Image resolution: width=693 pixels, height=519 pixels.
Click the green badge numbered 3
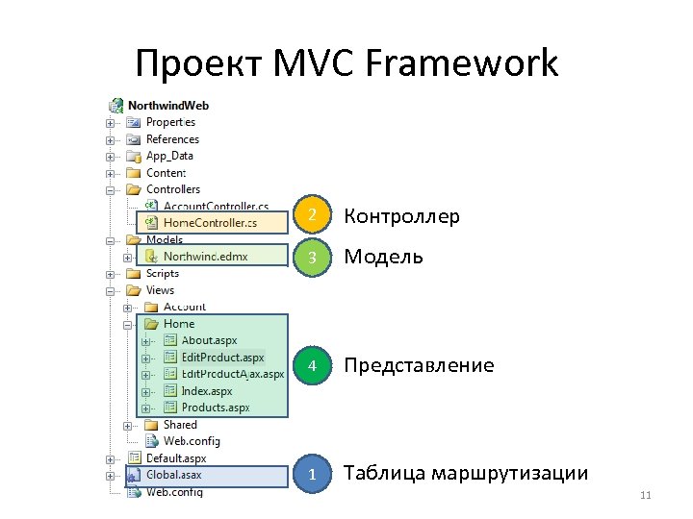311,257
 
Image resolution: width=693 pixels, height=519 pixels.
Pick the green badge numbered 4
311,366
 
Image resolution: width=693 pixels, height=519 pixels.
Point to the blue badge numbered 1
311,474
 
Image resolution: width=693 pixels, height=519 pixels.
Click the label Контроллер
401,217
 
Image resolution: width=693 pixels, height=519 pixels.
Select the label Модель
383,257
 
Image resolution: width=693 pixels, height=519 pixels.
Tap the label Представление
419,366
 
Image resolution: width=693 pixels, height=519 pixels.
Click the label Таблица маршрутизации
466,474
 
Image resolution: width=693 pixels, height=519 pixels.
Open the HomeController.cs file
210,223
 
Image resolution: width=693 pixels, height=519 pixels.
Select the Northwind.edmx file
204,257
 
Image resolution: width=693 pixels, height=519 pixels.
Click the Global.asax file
173,475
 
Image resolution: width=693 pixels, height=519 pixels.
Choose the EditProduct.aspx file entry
222,357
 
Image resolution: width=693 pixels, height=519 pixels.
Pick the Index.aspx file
206,390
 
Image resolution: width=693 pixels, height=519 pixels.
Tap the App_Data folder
169,156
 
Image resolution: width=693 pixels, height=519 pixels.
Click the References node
172,139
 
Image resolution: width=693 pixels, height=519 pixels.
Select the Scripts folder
162,273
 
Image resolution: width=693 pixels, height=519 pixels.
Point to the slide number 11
645,496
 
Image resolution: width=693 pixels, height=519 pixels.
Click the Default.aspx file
175,458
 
